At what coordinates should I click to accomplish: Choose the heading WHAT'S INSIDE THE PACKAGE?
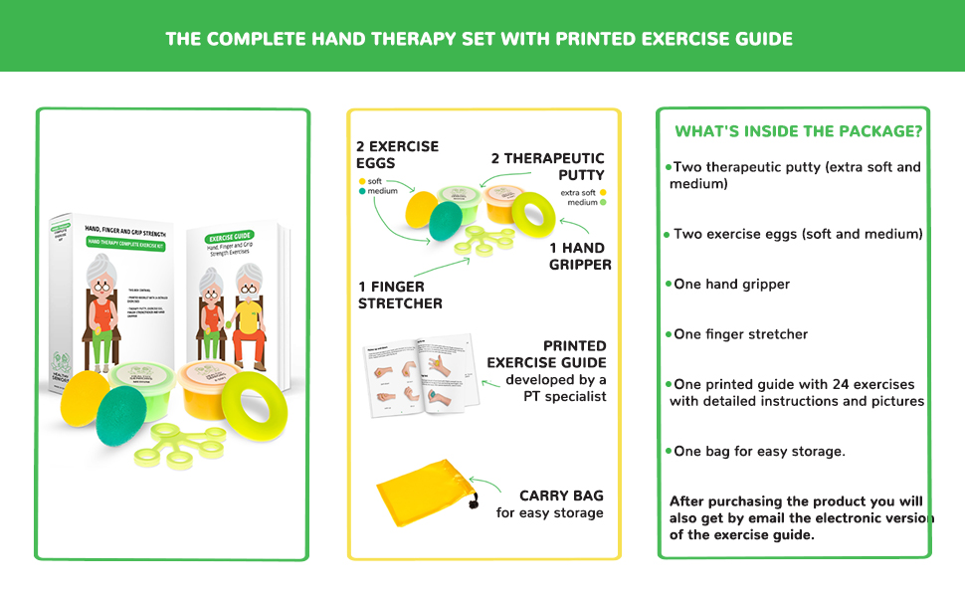798,131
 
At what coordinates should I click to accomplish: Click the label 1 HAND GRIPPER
580,256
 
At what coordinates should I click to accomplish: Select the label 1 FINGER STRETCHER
400,295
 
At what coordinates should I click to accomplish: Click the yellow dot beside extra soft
603,193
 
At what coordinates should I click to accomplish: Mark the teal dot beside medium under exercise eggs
362,192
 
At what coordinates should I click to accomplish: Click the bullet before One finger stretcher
669,333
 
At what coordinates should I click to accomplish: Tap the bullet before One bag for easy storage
669,451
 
